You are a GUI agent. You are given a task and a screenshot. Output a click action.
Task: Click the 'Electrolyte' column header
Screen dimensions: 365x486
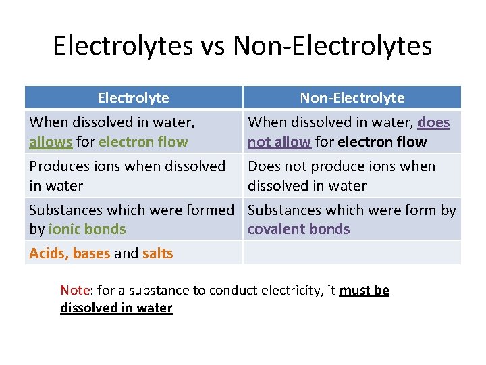(x=133, y=98)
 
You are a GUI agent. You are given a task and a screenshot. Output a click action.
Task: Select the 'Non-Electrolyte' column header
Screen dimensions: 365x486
(x=352, y=98)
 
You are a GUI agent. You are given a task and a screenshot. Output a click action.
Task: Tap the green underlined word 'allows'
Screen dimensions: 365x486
(x=51, y=142)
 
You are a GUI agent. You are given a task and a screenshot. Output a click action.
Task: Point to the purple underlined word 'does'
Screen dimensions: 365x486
(x=433, y=122)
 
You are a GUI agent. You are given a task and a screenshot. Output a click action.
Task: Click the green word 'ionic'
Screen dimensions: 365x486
(x=65, y=229)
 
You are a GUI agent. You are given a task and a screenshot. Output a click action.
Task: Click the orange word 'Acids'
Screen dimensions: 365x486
(x=48, y=253)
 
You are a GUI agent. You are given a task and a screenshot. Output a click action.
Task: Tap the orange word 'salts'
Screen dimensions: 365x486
(x=157, y=253)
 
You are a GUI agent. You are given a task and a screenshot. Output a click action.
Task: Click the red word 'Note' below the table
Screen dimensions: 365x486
(x=75, y=291)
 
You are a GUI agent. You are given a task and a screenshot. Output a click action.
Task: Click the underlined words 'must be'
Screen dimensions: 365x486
(x=364, y=291)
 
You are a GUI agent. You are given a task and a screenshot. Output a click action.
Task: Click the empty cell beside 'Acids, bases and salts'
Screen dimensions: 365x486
(x=352, y=253)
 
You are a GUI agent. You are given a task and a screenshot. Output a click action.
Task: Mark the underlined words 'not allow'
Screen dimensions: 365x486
(x=279, y=142)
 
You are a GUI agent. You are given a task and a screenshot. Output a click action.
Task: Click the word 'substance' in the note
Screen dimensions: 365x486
(x=150, y=291)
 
